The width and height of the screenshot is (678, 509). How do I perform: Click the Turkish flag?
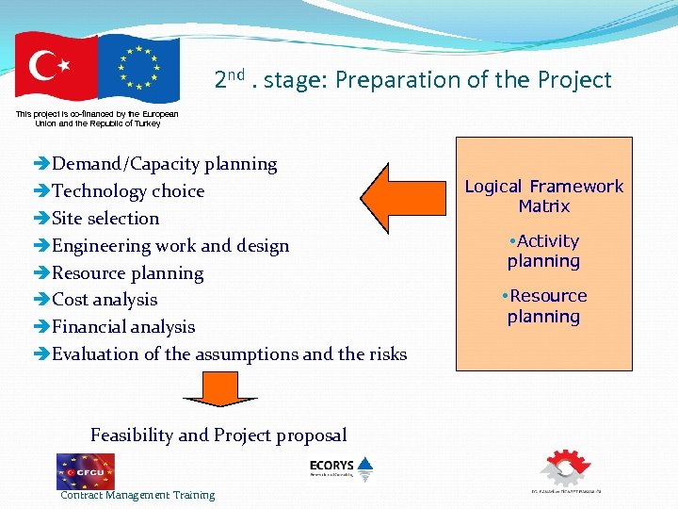[56, 68]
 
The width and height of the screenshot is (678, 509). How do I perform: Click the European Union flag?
[138, 68]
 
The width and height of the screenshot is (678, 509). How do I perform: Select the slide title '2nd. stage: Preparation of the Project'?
[412, 80]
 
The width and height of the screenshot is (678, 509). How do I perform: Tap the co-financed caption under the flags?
[97, 118]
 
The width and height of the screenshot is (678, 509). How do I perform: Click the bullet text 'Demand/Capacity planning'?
[164, 164]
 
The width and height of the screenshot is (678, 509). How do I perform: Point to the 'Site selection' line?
[105, 219]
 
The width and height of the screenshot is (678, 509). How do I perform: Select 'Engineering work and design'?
[170, 246]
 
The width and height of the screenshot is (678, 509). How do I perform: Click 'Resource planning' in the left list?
[127, 273]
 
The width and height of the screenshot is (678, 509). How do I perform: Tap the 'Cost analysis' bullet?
[105, 300]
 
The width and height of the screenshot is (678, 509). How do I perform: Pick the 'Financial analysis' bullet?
[123, 327]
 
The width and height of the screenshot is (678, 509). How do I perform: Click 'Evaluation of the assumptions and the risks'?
[229, 354]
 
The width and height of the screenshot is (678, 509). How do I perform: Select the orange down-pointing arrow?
[219, 388]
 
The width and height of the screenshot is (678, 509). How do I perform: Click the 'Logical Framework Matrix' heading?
[543, 196]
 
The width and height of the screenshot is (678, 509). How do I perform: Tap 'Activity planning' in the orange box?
[543, 251]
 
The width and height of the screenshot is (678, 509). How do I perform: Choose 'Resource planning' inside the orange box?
[543, 305]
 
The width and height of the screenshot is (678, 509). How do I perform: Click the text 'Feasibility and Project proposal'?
[218, 435]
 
